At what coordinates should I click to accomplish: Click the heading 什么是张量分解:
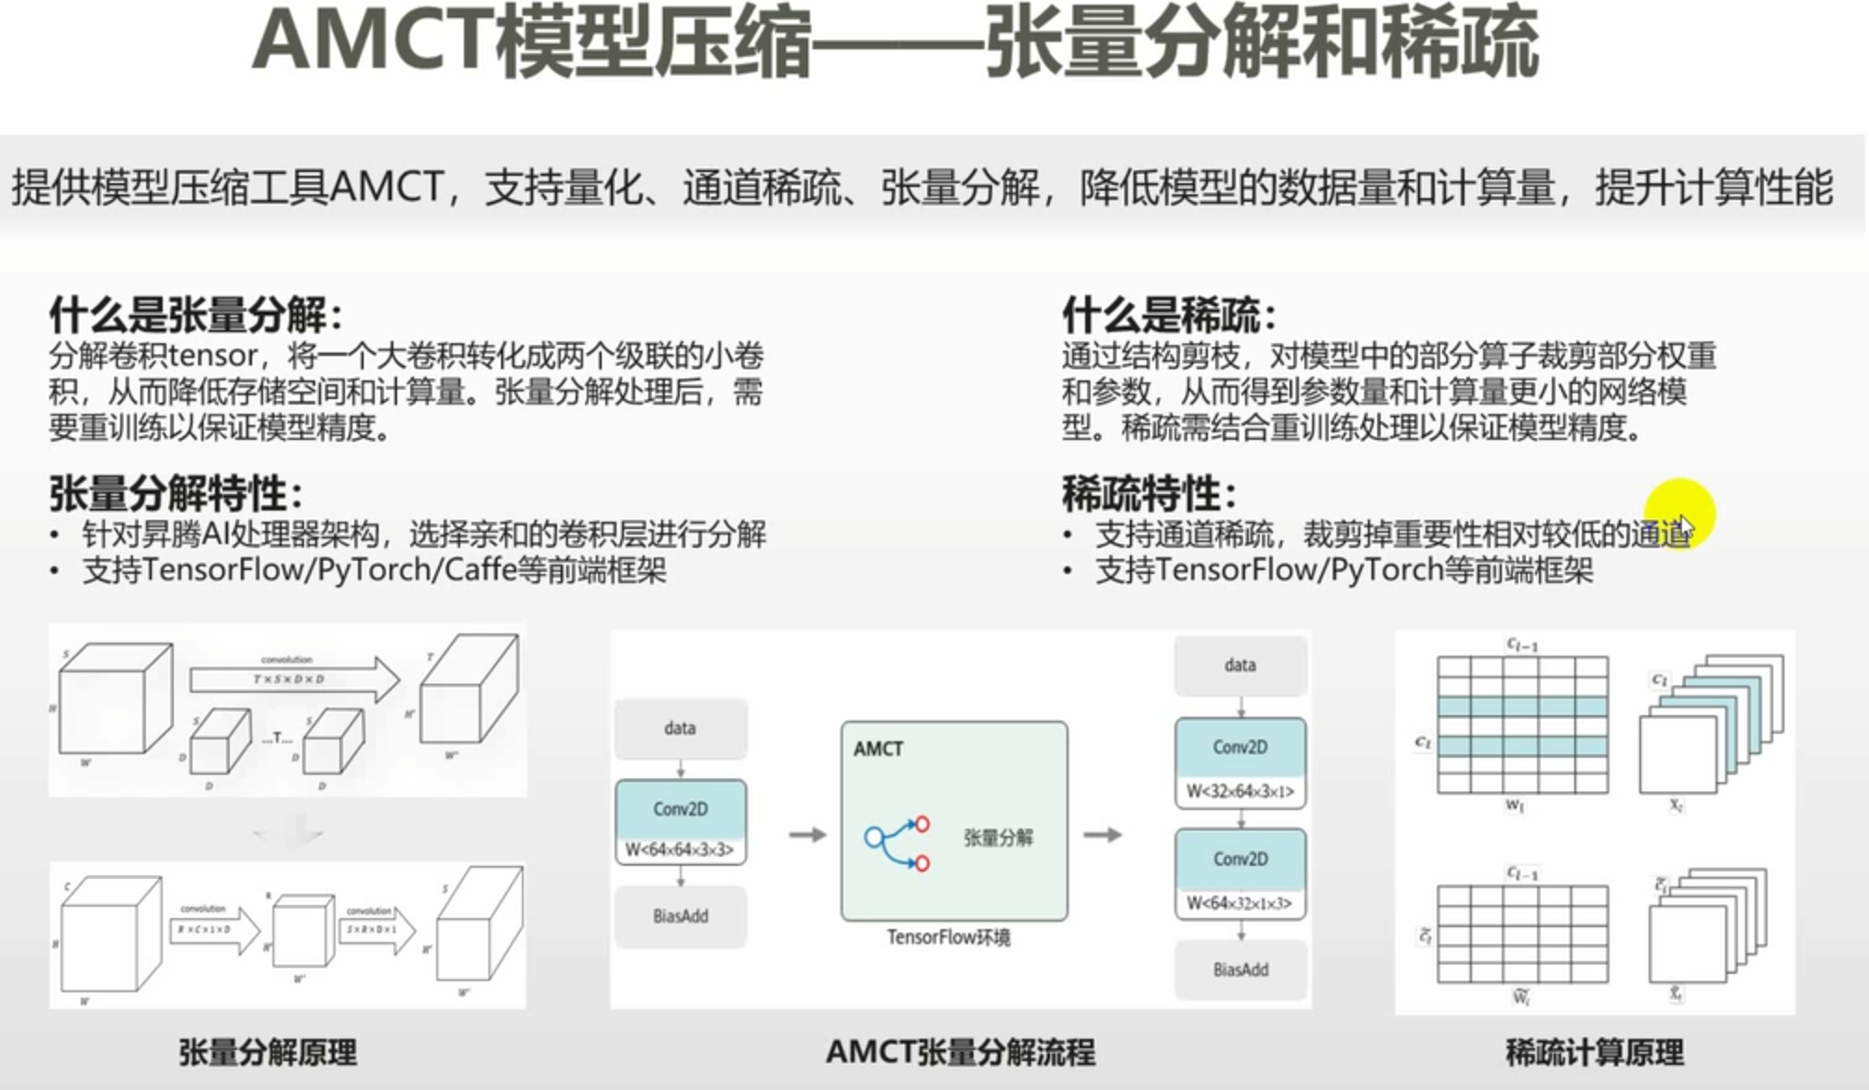point(195,315)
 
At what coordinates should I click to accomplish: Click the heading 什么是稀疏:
point(1168,315)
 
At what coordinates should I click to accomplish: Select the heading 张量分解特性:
point(175,493)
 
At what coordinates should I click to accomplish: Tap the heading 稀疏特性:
point(1148,493)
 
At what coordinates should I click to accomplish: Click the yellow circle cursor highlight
point(1678,514)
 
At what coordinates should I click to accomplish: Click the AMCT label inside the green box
point(878,750)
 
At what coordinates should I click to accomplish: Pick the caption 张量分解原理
point(268,1053)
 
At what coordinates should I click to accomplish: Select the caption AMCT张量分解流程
point(960,1053)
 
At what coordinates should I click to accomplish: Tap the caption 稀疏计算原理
point(1594,1053)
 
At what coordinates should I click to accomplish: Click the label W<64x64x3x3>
point(680,849)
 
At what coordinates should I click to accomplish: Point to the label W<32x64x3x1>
point(1239,791)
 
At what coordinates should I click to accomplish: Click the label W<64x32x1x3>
point(1239,903)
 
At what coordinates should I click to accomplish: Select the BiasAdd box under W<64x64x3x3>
point(680,916)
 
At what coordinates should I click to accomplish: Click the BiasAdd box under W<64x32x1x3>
point(1239,970)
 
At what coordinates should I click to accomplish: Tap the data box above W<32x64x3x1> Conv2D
point(1239,665)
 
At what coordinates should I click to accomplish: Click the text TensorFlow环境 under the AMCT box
point(948,937)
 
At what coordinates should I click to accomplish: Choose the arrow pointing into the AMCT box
point(807,835)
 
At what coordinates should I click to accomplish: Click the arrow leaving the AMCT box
point(1103,835)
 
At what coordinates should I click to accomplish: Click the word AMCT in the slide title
point(372,42)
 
